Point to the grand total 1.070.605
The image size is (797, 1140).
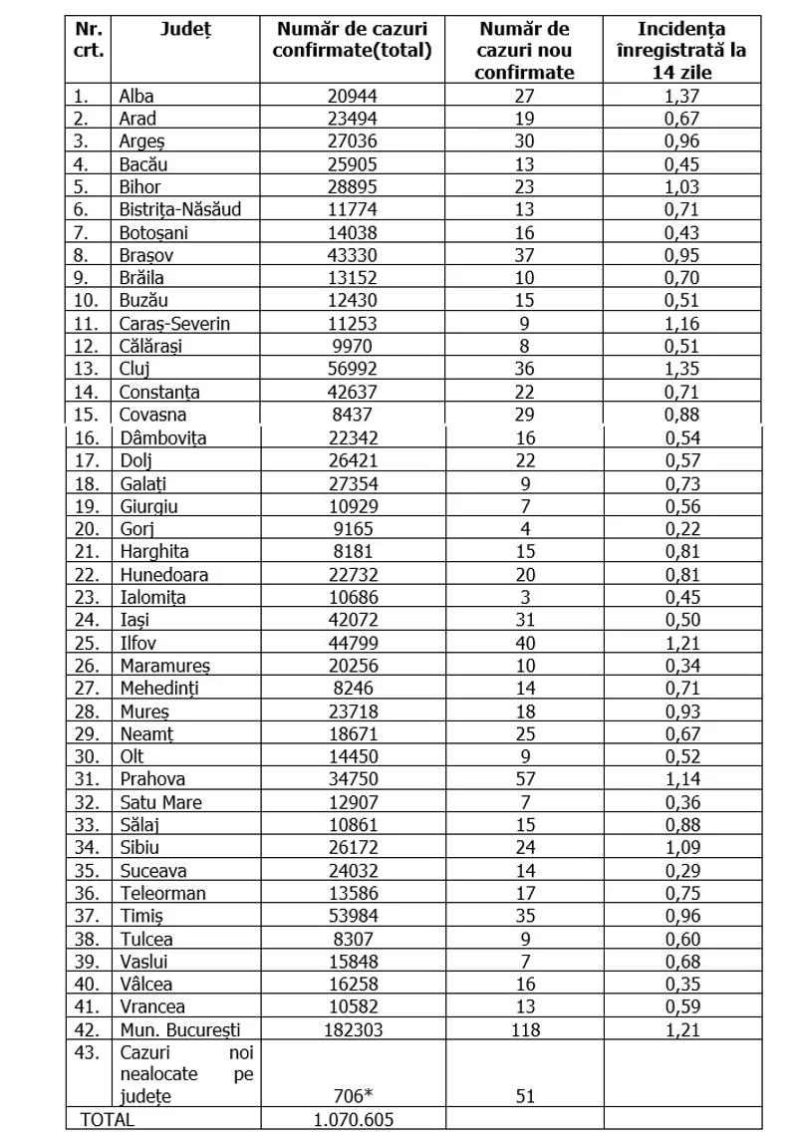355,1120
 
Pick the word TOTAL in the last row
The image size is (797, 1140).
108,1120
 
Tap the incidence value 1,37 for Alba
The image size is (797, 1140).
682,96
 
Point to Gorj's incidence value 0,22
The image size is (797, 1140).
682,529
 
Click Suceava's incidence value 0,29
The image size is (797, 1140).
682,870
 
